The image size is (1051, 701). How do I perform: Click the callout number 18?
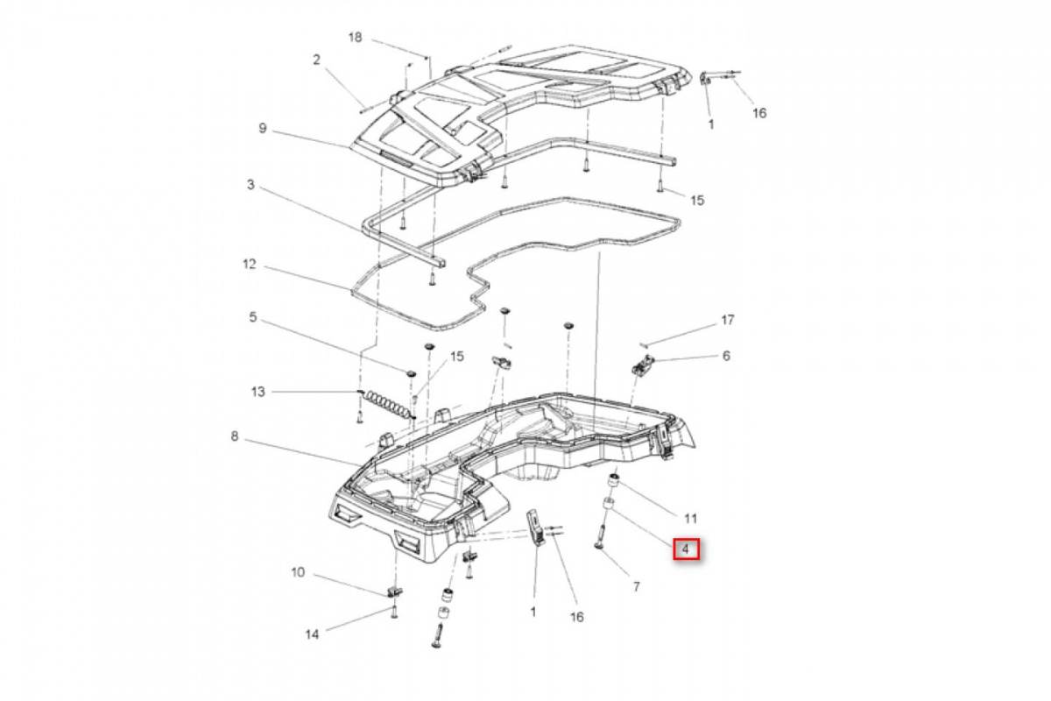[x=356, y=37]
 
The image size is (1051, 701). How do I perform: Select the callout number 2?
[x=317, y=60]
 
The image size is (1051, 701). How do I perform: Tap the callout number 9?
[x=263, y=128]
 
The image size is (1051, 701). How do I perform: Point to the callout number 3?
[x=250, y=185]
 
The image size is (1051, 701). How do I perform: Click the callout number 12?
[x=249, y=265]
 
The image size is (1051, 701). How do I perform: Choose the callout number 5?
[x=253, y=317]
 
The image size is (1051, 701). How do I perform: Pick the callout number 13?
[x=258, y=392]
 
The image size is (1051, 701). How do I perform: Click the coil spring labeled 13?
[x=387, y=406]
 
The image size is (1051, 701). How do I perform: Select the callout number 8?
[x=235, y=436]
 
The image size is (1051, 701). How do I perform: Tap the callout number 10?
[x=298, y=572]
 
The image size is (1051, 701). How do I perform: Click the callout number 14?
[x=312, y=634]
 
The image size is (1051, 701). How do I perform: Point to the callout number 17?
[x=727, y=320]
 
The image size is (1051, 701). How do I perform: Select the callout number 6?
[x=726, y=356]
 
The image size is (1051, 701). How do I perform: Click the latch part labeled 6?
[x=642, y=365]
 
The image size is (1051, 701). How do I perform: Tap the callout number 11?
[x=691, y=519]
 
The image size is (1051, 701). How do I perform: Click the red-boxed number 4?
[x=686, y=549]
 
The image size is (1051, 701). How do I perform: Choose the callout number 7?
[x=636, y=587]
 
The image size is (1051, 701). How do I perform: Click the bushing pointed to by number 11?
[x=614, y=481]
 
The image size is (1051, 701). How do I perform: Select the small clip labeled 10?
[x=395, y=591]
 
